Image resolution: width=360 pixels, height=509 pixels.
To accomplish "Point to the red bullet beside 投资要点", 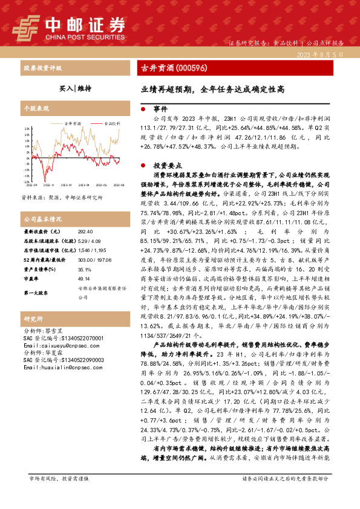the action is click(x=142, y=164).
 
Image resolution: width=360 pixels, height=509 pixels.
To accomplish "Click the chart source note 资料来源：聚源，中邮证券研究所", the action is click(x=62, y=197).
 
